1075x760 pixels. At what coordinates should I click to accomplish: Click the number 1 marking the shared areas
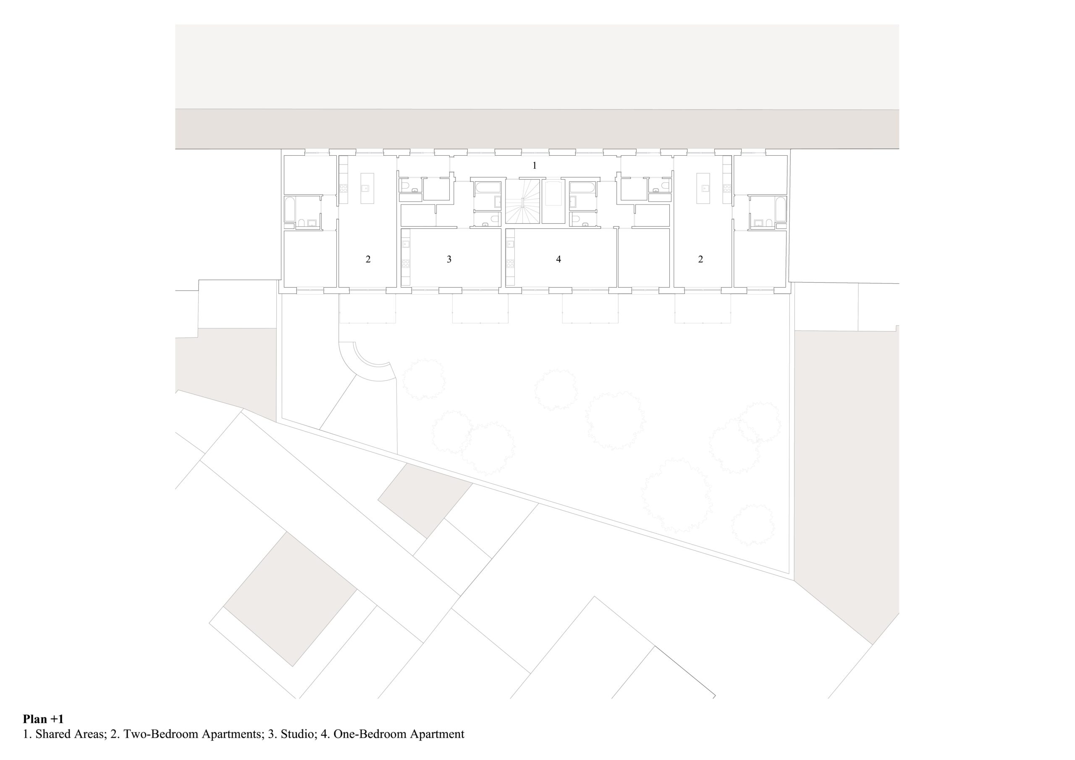point(534,165)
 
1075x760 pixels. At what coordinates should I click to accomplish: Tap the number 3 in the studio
point(449,259)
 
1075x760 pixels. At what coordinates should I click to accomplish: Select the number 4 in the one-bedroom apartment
point(558,259)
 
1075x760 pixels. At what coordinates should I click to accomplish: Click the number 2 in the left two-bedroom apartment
point(368,259)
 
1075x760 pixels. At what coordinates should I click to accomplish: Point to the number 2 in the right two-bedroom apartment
point(700,259)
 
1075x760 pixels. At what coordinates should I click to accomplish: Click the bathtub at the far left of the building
point(289,210)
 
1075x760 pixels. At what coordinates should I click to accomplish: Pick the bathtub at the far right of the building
point(781,210)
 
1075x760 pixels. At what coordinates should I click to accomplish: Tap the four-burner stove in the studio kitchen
point(406,263)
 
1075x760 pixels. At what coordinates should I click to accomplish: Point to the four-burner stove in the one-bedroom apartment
point(510,263)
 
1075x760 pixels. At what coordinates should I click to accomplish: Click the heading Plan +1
point(43,719)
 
